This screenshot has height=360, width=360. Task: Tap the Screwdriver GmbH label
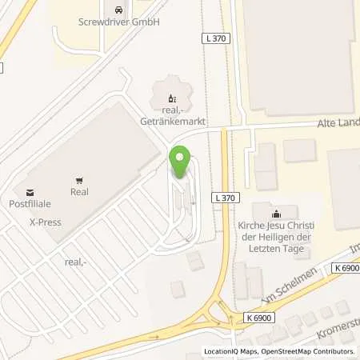(x=120, y=22)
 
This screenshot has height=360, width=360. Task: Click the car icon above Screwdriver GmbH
(x=120, y=10)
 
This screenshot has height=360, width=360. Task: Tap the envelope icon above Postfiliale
(x=30, y=192)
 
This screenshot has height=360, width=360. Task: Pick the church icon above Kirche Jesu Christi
(x=276, y=214)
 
